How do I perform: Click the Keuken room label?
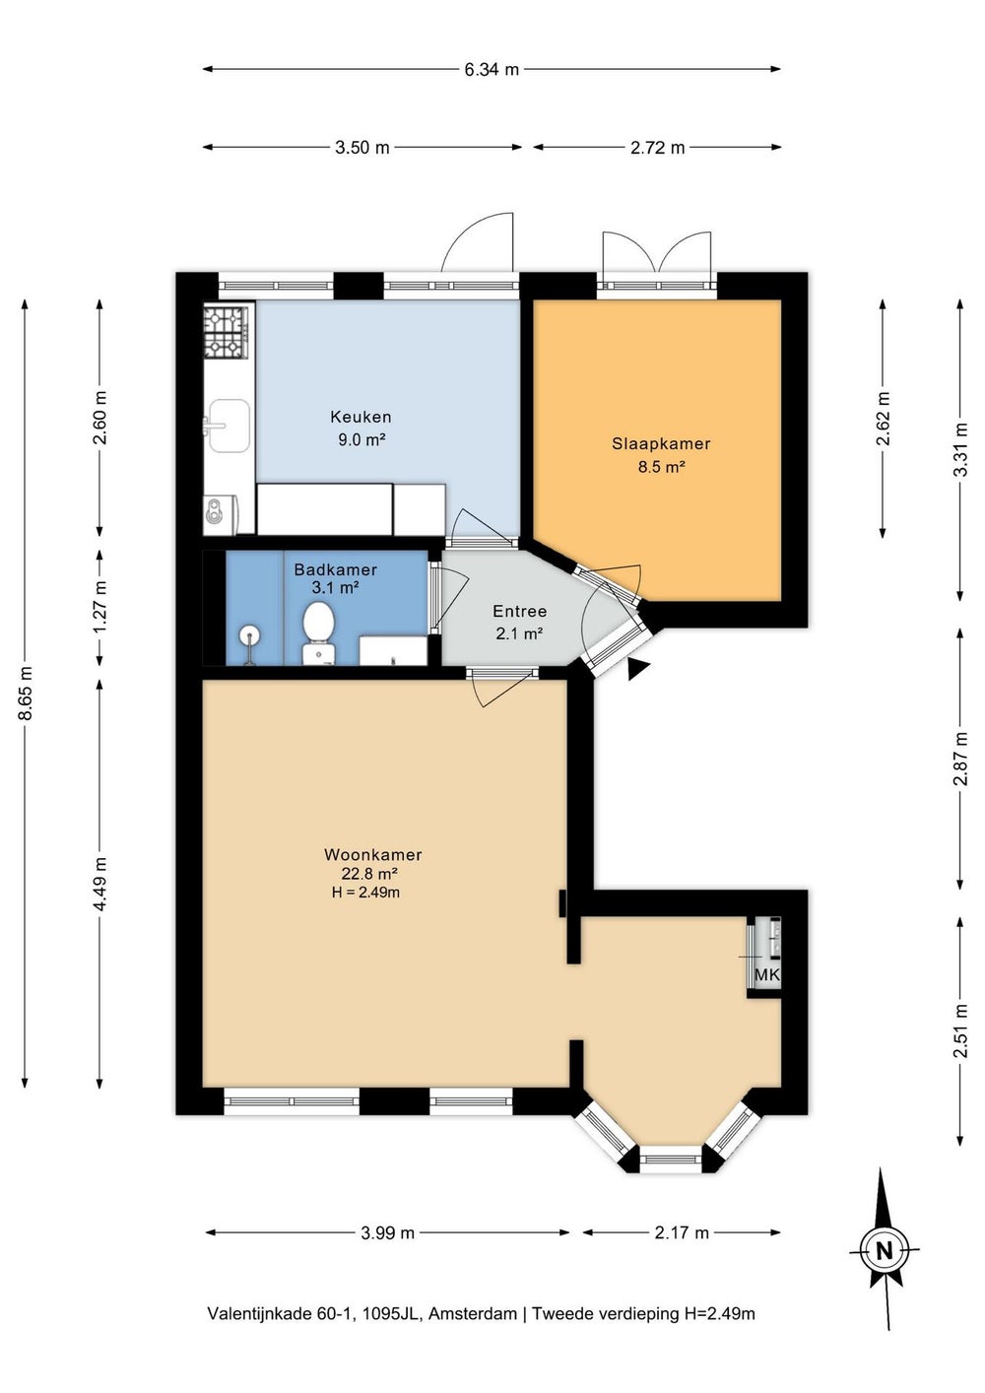pos(361,416)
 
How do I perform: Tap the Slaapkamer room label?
pos(661,443)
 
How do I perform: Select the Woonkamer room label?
pos(373,854)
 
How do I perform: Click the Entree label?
pos(520,611)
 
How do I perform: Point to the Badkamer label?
pos(336,569)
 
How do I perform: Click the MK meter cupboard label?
pos(766,974)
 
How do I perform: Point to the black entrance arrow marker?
pos(637,669)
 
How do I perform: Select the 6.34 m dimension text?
pos(492,69)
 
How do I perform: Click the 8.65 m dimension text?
pos(26,694)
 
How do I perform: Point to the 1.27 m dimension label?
pos(100,606)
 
